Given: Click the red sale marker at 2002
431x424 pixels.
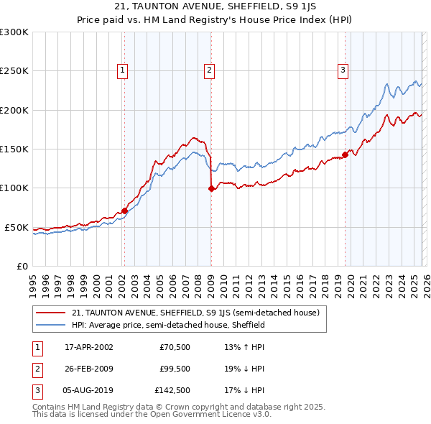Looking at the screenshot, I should coord(124,211).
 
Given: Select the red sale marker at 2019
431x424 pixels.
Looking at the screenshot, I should coord(345,154).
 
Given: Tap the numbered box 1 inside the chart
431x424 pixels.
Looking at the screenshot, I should coord(124,70).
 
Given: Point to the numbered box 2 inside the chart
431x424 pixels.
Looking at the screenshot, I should coord(209,70).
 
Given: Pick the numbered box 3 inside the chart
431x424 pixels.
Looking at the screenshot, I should coord(343,70).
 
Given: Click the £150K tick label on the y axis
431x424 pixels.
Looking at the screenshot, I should coord(14,149).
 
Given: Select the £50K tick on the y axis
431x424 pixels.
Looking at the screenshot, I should coord(17,227).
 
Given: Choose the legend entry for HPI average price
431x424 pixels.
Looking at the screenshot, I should coord(168,325).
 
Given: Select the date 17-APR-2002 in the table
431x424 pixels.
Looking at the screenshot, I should coord(88,347).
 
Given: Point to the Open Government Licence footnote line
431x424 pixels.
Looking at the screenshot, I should coord(152,415).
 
